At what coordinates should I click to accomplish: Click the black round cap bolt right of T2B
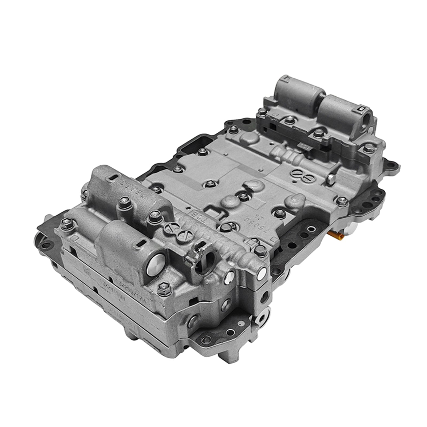[x=225, y=227]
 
